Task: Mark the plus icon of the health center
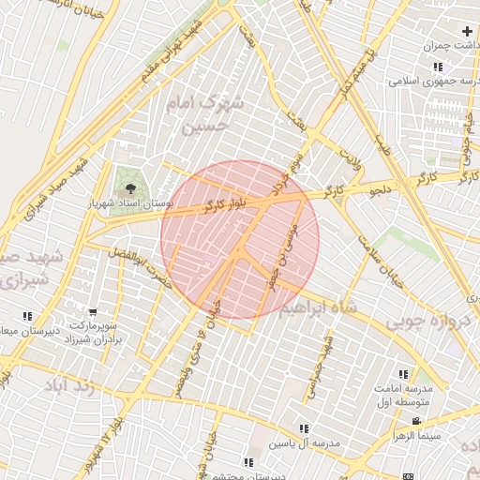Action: (x=467, y=32)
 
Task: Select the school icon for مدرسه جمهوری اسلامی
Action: (x=438, y=67)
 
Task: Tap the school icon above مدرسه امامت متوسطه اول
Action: (x=403, y=374)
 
